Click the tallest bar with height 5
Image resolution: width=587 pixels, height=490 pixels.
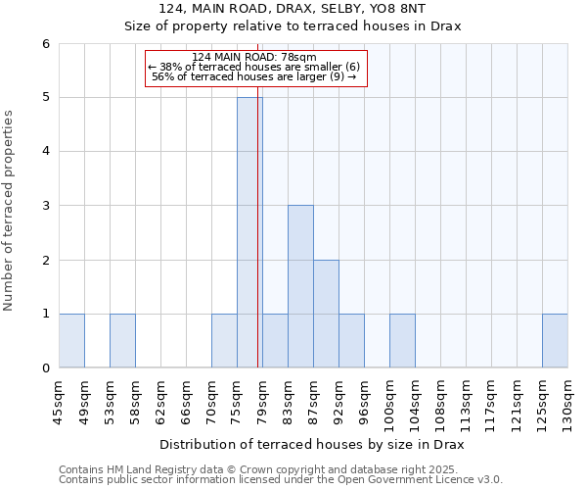click(x=249, y=232)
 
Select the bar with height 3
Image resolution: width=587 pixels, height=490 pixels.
click(x=300, y=286)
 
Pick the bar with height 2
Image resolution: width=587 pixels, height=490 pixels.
click(x=326, y=314)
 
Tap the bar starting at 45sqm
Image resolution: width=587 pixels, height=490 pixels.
click(x=71, y=340)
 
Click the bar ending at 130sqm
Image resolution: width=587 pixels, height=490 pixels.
click(x=555, y=340)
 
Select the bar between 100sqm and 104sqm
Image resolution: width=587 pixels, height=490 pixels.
click(x=402, y=340)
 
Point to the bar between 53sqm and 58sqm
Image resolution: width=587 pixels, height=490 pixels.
click(x=122, y=340)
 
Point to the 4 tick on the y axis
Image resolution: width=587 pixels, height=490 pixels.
click(x=45, y=151)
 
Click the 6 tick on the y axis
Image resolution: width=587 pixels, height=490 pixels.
click(x=45, y=43)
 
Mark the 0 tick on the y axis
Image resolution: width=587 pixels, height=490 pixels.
click(x=45, y=367)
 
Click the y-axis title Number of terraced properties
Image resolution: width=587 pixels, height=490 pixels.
click(x=10, y=211)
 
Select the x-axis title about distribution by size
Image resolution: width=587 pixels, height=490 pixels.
click(x=311, y=444)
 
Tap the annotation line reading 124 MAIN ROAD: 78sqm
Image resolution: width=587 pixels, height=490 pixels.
click(x=254, y=57)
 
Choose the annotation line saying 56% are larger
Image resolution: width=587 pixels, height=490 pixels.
click(x=254, y=76)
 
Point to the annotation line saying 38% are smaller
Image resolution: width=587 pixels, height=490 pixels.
click(x=254, y=67)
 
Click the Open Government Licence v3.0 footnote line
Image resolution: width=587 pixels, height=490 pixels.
click(x=281, y=480)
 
